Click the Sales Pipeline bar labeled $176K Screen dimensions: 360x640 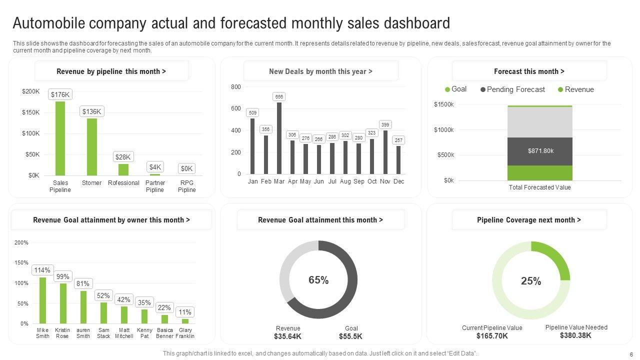pos(60,138)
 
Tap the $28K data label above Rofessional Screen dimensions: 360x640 pos(123,156)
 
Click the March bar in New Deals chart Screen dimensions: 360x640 pos(279,138)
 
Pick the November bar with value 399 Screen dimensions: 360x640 pos(385,152)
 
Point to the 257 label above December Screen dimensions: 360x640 pos(398,140)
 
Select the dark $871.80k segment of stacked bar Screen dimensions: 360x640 pos(540,151)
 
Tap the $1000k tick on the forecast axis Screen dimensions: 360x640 pos(444,130)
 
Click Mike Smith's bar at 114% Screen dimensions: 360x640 pos(42,300)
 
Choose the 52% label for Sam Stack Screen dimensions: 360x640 pos(103,295)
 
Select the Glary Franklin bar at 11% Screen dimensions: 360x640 pos(185,321)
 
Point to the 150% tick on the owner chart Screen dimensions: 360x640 pos(21,262)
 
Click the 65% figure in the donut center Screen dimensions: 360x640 pos(318,280)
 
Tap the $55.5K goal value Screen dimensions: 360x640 pos(350,336)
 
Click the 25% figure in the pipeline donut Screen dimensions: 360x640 pos(531,281)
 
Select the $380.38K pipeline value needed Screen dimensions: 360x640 pos(575,335)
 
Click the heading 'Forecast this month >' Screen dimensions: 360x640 pos(529,71)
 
